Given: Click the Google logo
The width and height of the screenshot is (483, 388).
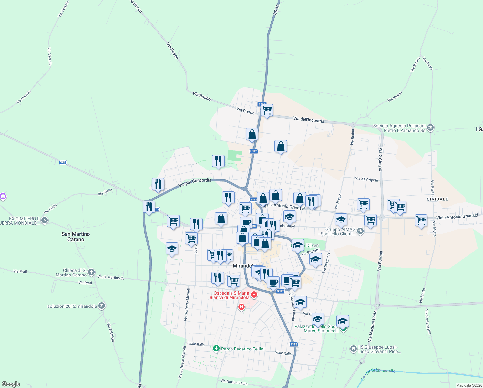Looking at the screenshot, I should pyautogui.click(x=11, y=384).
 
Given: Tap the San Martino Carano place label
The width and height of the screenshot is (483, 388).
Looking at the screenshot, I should pyautogui.click(x=76, y=237).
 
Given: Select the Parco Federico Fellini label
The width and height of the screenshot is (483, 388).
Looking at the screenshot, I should pyautogui.click(x=243, y=349).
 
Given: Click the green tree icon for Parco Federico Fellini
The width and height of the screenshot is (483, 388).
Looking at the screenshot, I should pyautogui.click(x=216, y=349).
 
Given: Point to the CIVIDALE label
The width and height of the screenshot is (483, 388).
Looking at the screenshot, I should pyautogui.click(x=437, y=199).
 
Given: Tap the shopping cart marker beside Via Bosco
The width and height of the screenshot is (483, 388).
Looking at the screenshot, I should pyautogui.click(x=267, y=111).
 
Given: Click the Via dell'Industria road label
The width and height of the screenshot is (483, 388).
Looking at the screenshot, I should pyautogui.click(x=309, y=120).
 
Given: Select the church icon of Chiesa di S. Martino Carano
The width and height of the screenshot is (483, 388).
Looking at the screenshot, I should pyautogui.click(x=91, y=272).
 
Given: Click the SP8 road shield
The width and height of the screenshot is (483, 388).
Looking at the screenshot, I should pyautogui.click(x=63, y=162).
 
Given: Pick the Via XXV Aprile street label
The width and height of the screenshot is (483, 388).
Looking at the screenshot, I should pyautogui.click(x=366, y=179).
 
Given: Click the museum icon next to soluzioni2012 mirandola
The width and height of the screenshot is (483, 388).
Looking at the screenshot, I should pyautogui.click(x=102, y=306).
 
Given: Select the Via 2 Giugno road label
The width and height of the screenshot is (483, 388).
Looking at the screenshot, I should pyautogui.click(x=381, y=159).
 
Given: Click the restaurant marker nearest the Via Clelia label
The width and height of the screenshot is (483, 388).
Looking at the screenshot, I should pyautogui.click(x=158, y=184).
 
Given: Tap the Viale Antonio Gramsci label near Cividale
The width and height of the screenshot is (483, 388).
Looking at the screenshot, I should pyautogui.click(x=457, y=217).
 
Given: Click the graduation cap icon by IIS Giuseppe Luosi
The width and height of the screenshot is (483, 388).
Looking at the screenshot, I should pyautogui.click(x=354, y=349).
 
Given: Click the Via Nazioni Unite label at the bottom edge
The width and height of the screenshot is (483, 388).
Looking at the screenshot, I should pyautogui.click(x=234, y=382).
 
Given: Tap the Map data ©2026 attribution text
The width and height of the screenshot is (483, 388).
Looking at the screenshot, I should pyautogui.click(x=468, y=385).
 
